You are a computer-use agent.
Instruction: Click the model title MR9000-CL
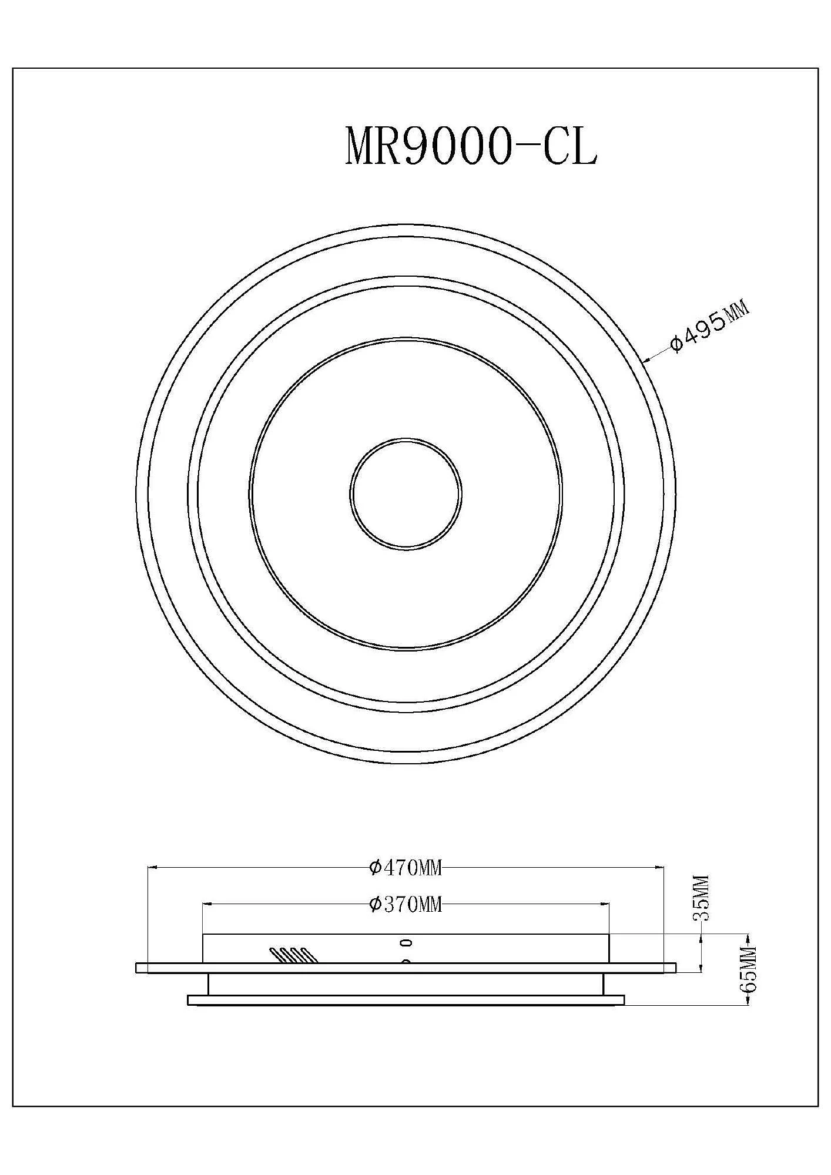471,145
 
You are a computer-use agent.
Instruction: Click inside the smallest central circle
406,493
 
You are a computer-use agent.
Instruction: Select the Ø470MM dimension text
405,867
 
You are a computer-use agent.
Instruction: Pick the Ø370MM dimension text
405,904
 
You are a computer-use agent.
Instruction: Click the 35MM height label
702,898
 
